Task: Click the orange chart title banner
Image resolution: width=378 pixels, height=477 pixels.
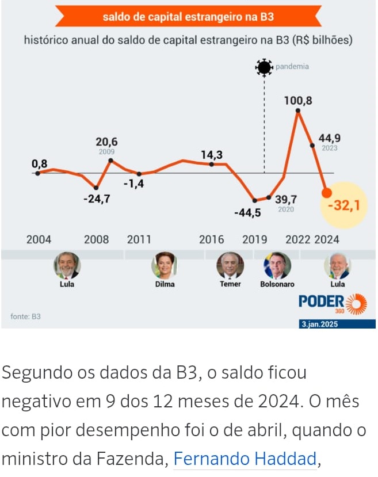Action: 188,17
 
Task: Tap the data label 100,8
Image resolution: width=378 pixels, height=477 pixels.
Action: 298,101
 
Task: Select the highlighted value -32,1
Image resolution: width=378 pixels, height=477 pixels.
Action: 347,205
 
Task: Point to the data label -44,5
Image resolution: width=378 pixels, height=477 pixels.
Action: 247,213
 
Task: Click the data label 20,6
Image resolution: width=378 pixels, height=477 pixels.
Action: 106,142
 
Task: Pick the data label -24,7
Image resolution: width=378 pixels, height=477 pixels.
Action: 97,199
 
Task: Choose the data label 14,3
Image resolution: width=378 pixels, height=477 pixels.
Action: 212,155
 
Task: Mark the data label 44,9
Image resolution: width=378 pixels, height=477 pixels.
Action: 330,138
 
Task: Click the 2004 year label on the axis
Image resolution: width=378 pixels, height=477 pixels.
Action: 39,239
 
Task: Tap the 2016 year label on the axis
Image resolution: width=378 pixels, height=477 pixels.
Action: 211,239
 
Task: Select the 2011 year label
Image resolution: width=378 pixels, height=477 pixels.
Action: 139,239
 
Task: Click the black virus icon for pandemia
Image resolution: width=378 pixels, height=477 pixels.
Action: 264,67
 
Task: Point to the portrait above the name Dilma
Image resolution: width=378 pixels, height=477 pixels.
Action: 164,265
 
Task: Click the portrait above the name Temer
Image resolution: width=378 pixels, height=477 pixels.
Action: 230,265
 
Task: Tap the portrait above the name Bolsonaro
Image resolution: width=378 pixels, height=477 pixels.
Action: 277,265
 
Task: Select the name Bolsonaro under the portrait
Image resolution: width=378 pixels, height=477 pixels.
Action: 277,284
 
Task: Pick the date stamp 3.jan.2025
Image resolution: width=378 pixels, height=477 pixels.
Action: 320,325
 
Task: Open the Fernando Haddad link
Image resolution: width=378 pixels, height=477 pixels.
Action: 245,459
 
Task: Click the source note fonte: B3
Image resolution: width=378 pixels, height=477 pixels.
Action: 26,316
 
